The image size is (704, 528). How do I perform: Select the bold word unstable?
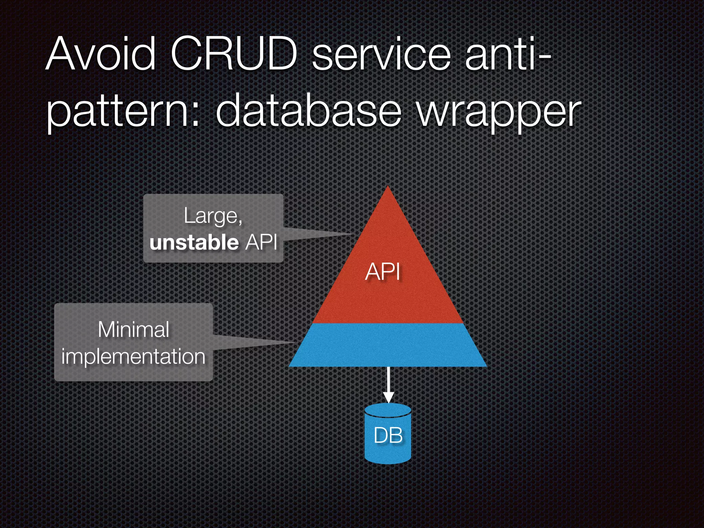(x=194, y=242)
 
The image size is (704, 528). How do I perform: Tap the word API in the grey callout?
(x=261, y=242)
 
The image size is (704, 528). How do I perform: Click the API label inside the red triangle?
(x=383, y=272)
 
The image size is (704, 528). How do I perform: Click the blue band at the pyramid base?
(x=388, y=345)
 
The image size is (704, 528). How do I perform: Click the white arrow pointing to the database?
(x=388, y=385)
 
